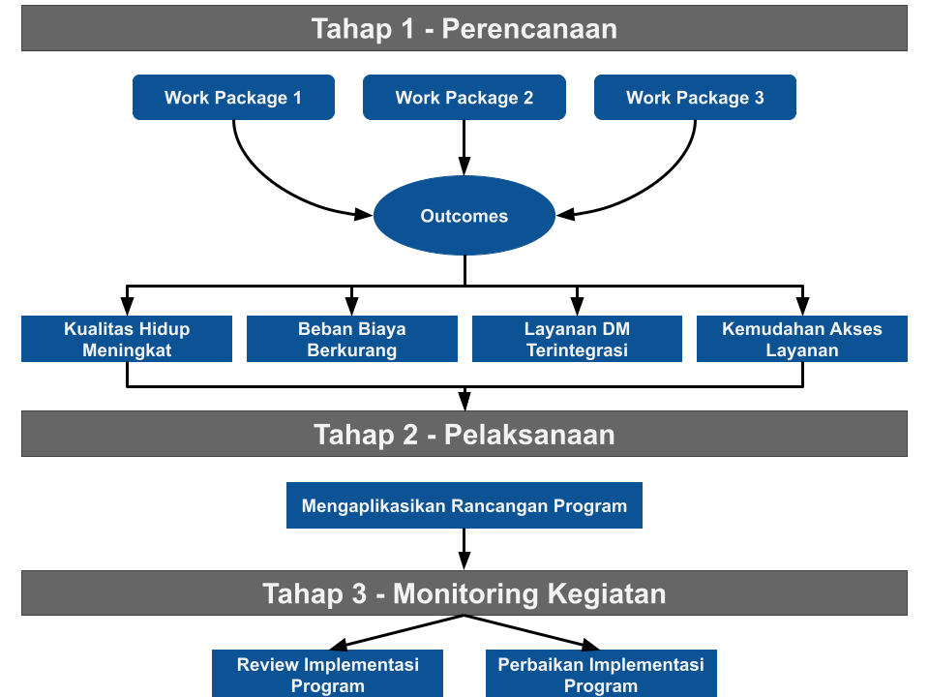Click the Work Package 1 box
(233, 97)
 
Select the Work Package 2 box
(464, 97)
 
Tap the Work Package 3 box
(695, 97)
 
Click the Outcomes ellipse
(464, 215)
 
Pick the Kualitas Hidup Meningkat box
(127, 339)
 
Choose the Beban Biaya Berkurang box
(352, 339)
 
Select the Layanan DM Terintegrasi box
(577, 339)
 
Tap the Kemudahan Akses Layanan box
(802, 339)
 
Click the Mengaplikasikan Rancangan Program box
(464, 505)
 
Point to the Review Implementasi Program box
(328, 674)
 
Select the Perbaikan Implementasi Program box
(601, 674)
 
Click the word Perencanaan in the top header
(529, 28)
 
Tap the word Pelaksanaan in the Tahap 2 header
(529, 435)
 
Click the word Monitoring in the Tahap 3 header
(465, 593)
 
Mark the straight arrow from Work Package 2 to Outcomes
(464, 147)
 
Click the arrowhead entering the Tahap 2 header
(465, 400)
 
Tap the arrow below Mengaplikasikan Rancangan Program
(464, 549)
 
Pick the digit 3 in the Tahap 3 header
(359, 593)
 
